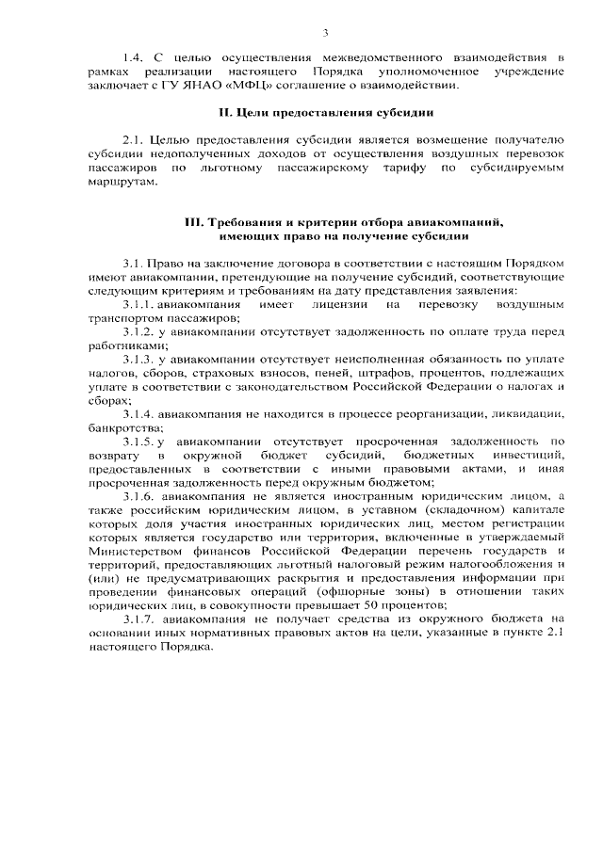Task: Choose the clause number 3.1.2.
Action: [138, 332]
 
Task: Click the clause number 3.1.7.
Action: [138, 618]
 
